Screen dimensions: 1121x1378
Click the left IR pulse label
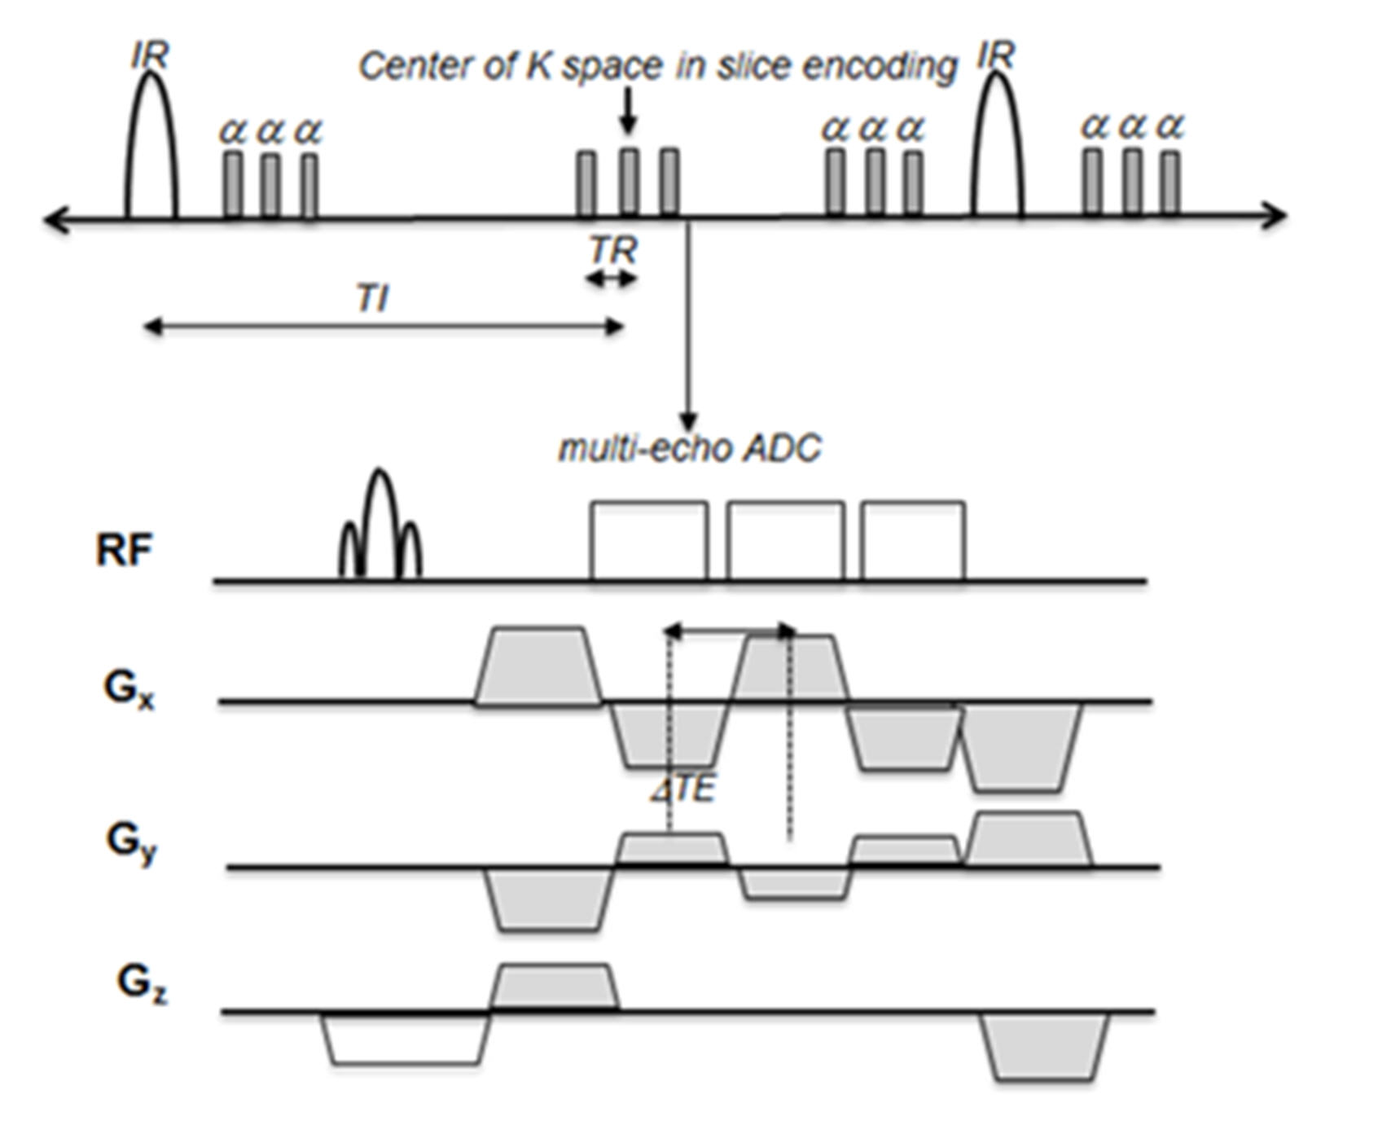point(150,55)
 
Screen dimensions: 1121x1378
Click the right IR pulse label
point(996,55)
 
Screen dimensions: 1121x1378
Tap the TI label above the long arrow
point(372,299)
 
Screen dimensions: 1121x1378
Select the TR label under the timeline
point(613,250)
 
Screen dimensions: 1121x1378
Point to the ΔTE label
point(684,789)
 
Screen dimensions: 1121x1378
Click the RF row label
point(124,550)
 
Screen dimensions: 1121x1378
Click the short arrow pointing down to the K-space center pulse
point(626,110)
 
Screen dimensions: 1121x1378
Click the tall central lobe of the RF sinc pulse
point(380,521)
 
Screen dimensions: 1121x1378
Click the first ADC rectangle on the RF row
point(649,541)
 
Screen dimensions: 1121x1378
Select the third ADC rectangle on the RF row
point(913,541)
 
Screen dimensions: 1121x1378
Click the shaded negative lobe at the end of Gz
point(1044,1047)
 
